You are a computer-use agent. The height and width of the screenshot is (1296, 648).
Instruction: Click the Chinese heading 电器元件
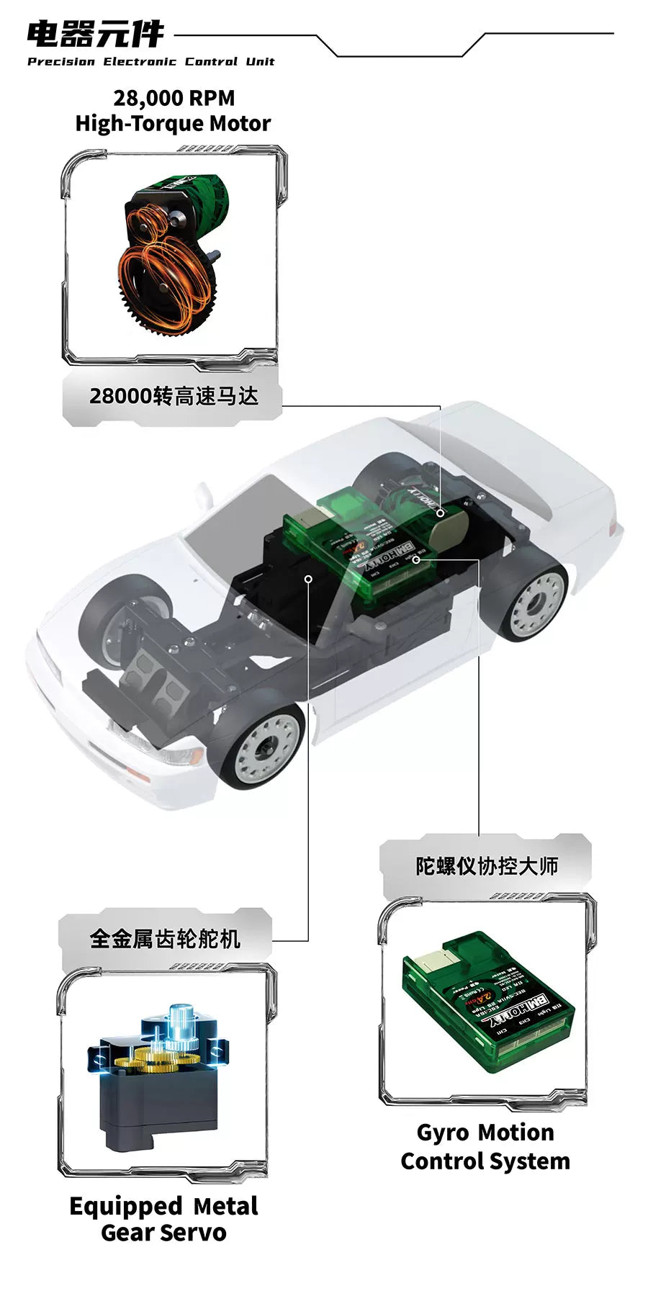coord(95,34)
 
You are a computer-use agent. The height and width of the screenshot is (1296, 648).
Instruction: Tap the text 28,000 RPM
coord(174,98)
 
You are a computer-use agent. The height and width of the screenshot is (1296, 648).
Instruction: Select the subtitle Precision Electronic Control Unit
coord(150,62)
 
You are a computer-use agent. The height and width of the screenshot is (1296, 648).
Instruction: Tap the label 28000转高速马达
coord(174,396)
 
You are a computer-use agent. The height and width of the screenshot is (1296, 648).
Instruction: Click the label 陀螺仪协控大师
coord(487,865)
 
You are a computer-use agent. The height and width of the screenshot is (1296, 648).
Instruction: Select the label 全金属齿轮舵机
coord(165,938)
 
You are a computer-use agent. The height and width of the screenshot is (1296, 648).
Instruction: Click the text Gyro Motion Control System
coord(485,1146)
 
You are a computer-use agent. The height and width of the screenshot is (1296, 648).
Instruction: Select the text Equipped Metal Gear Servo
coord(163,1219)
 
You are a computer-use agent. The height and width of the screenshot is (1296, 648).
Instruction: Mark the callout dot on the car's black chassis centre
coord(308,578)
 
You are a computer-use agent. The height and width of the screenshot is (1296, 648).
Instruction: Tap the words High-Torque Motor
coord(174,124)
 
